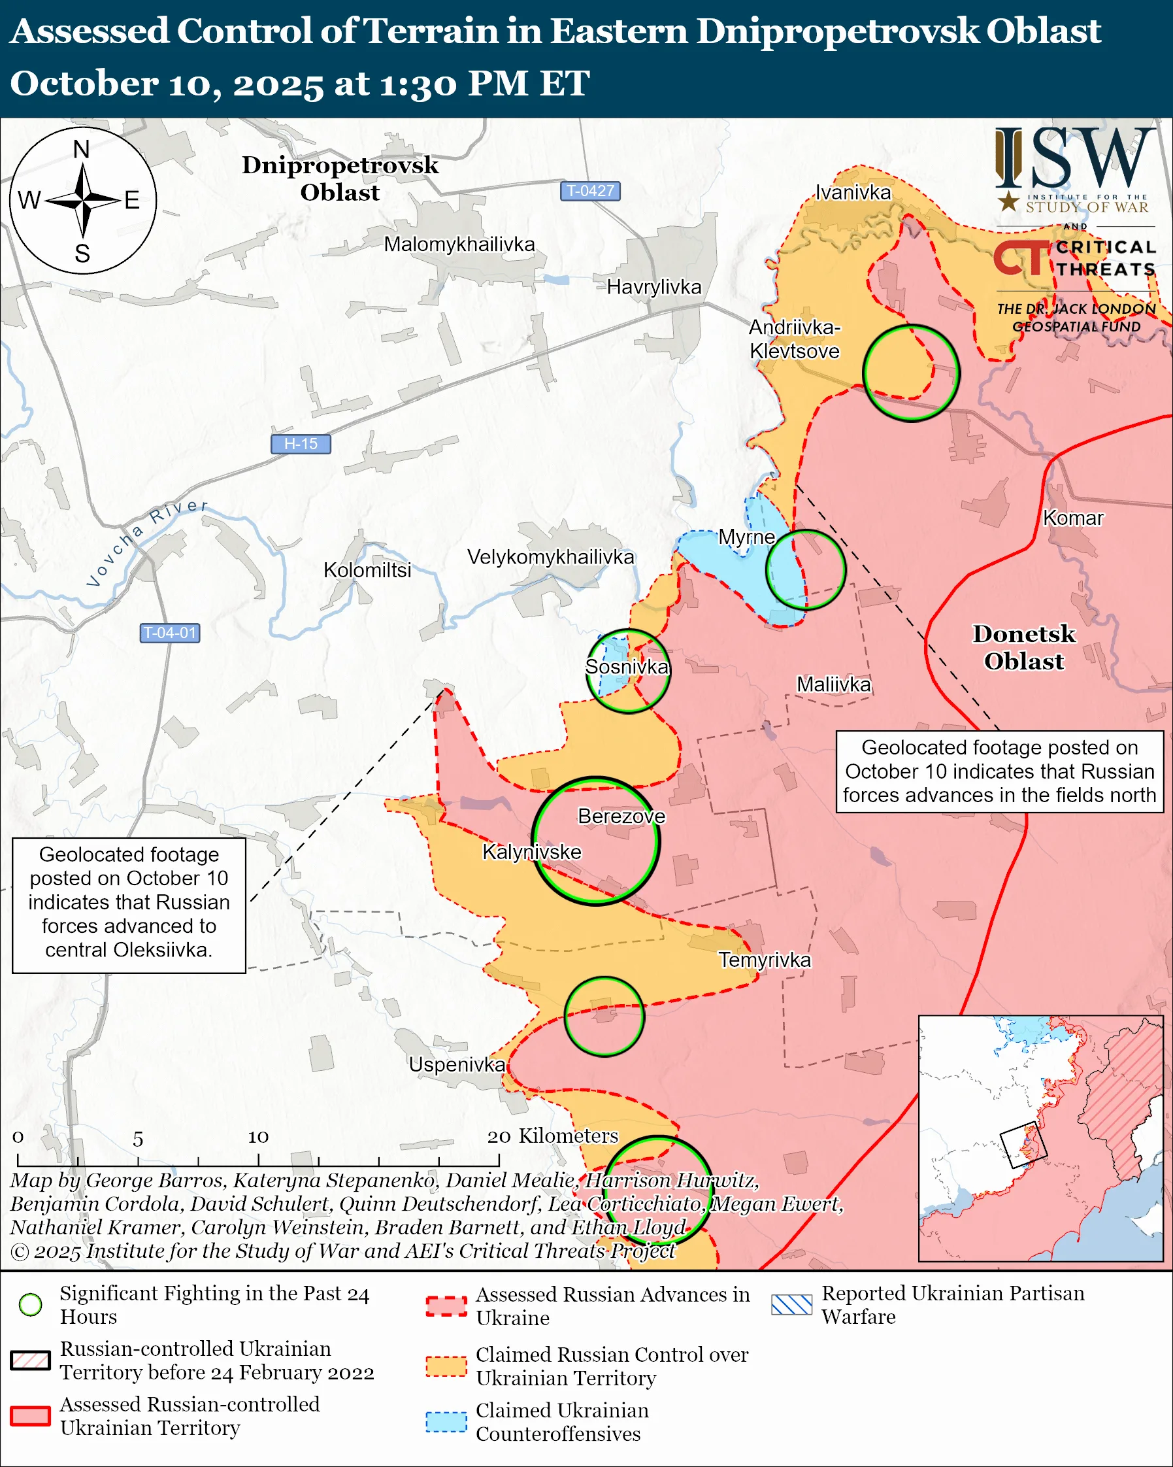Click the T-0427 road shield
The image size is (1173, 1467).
(x=589, y=190)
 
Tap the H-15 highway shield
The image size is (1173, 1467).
(x=301, y=444)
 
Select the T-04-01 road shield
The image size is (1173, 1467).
(x=170, y=633)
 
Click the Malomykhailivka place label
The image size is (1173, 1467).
(x=459, y=244)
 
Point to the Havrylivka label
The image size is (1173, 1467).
(x=653, y=287)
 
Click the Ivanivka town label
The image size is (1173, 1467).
(x=853, y=193)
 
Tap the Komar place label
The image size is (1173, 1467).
(x=1072, y=518)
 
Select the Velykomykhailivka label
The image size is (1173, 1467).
(x=550, y=556)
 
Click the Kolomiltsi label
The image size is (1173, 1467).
(x=367, y=570)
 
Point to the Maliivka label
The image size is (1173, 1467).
(x=833, y=684)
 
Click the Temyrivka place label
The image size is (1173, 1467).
(x=765, y=960)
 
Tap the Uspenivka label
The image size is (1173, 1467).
(x=456, y=1065)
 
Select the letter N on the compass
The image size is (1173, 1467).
(x=82, y=149)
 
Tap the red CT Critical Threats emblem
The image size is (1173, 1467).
(x=1022, y=257)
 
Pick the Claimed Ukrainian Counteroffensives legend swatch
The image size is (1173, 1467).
(x=446, y=1422)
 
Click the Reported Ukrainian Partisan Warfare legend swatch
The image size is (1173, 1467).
(x=791, y=1304)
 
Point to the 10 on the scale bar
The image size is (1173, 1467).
(x=257, y=1137)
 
